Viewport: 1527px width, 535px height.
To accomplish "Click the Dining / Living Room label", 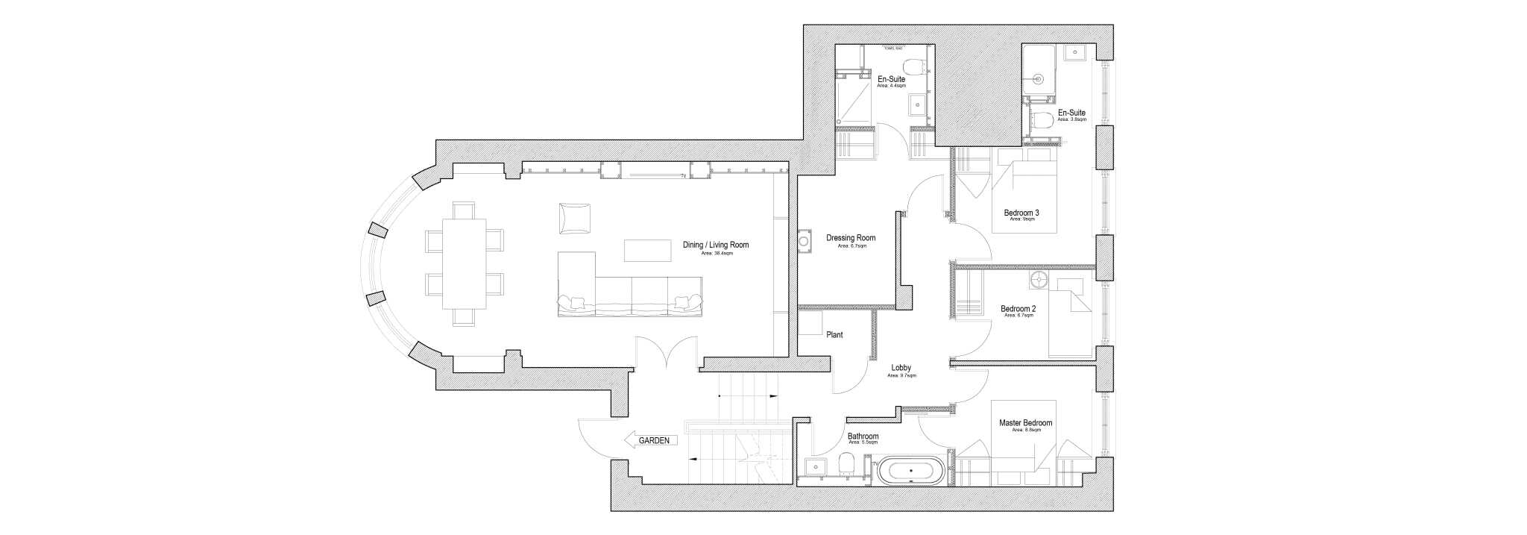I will [716, 245].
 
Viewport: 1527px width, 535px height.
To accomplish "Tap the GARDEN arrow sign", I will [651, 441].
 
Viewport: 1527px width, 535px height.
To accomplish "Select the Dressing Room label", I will [851, 238].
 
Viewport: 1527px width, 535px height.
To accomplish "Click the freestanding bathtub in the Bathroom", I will [910, 472].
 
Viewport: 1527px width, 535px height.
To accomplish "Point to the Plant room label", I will [834, 335].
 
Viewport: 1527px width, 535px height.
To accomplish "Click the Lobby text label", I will [901, 368].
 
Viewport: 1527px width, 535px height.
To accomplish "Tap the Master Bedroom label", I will [1025, 423].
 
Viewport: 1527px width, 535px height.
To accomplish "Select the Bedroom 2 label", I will [1018, 309].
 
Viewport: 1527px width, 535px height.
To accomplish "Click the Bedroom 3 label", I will [1021, 213].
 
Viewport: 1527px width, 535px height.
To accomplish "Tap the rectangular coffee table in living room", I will [647, 250].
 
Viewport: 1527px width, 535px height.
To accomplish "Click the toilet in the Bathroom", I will [846, 464].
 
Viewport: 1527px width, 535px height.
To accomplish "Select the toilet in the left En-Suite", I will [911, 63].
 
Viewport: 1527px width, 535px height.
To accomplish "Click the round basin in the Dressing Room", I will [805, 242].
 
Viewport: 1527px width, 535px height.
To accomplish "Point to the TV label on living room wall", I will [682, 177].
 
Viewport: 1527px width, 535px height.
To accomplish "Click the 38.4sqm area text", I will [717, 254].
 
